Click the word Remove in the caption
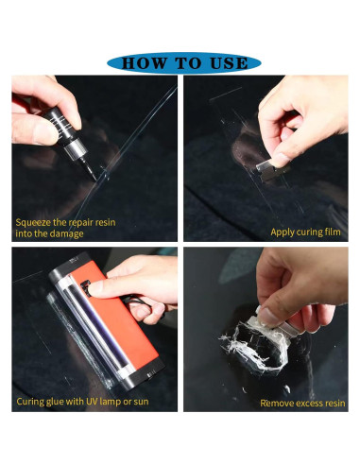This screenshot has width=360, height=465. point(278,403)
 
